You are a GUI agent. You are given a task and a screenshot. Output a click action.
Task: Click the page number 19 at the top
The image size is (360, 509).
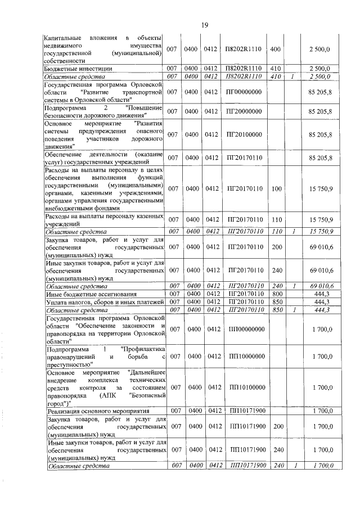204,24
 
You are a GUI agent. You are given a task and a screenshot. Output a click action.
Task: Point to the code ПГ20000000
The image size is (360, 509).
245,111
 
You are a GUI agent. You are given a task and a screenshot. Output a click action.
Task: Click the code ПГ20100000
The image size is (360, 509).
245,135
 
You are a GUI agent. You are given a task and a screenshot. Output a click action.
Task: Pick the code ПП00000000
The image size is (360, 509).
245,329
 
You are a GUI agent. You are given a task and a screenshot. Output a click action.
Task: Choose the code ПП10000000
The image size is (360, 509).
245,357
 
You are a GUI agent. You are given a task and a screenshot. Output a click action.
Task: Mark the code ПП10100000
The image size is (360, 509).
245,388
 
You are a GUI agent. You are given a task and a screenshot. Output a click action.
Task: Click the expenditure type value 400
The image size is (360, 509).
276,49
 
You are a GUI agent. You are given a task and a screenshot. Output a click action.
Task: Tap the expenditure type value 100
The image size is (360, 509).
276,188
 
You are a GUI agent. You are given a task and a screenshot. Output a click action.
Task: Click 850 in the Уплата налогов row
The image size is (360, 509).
276,303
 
